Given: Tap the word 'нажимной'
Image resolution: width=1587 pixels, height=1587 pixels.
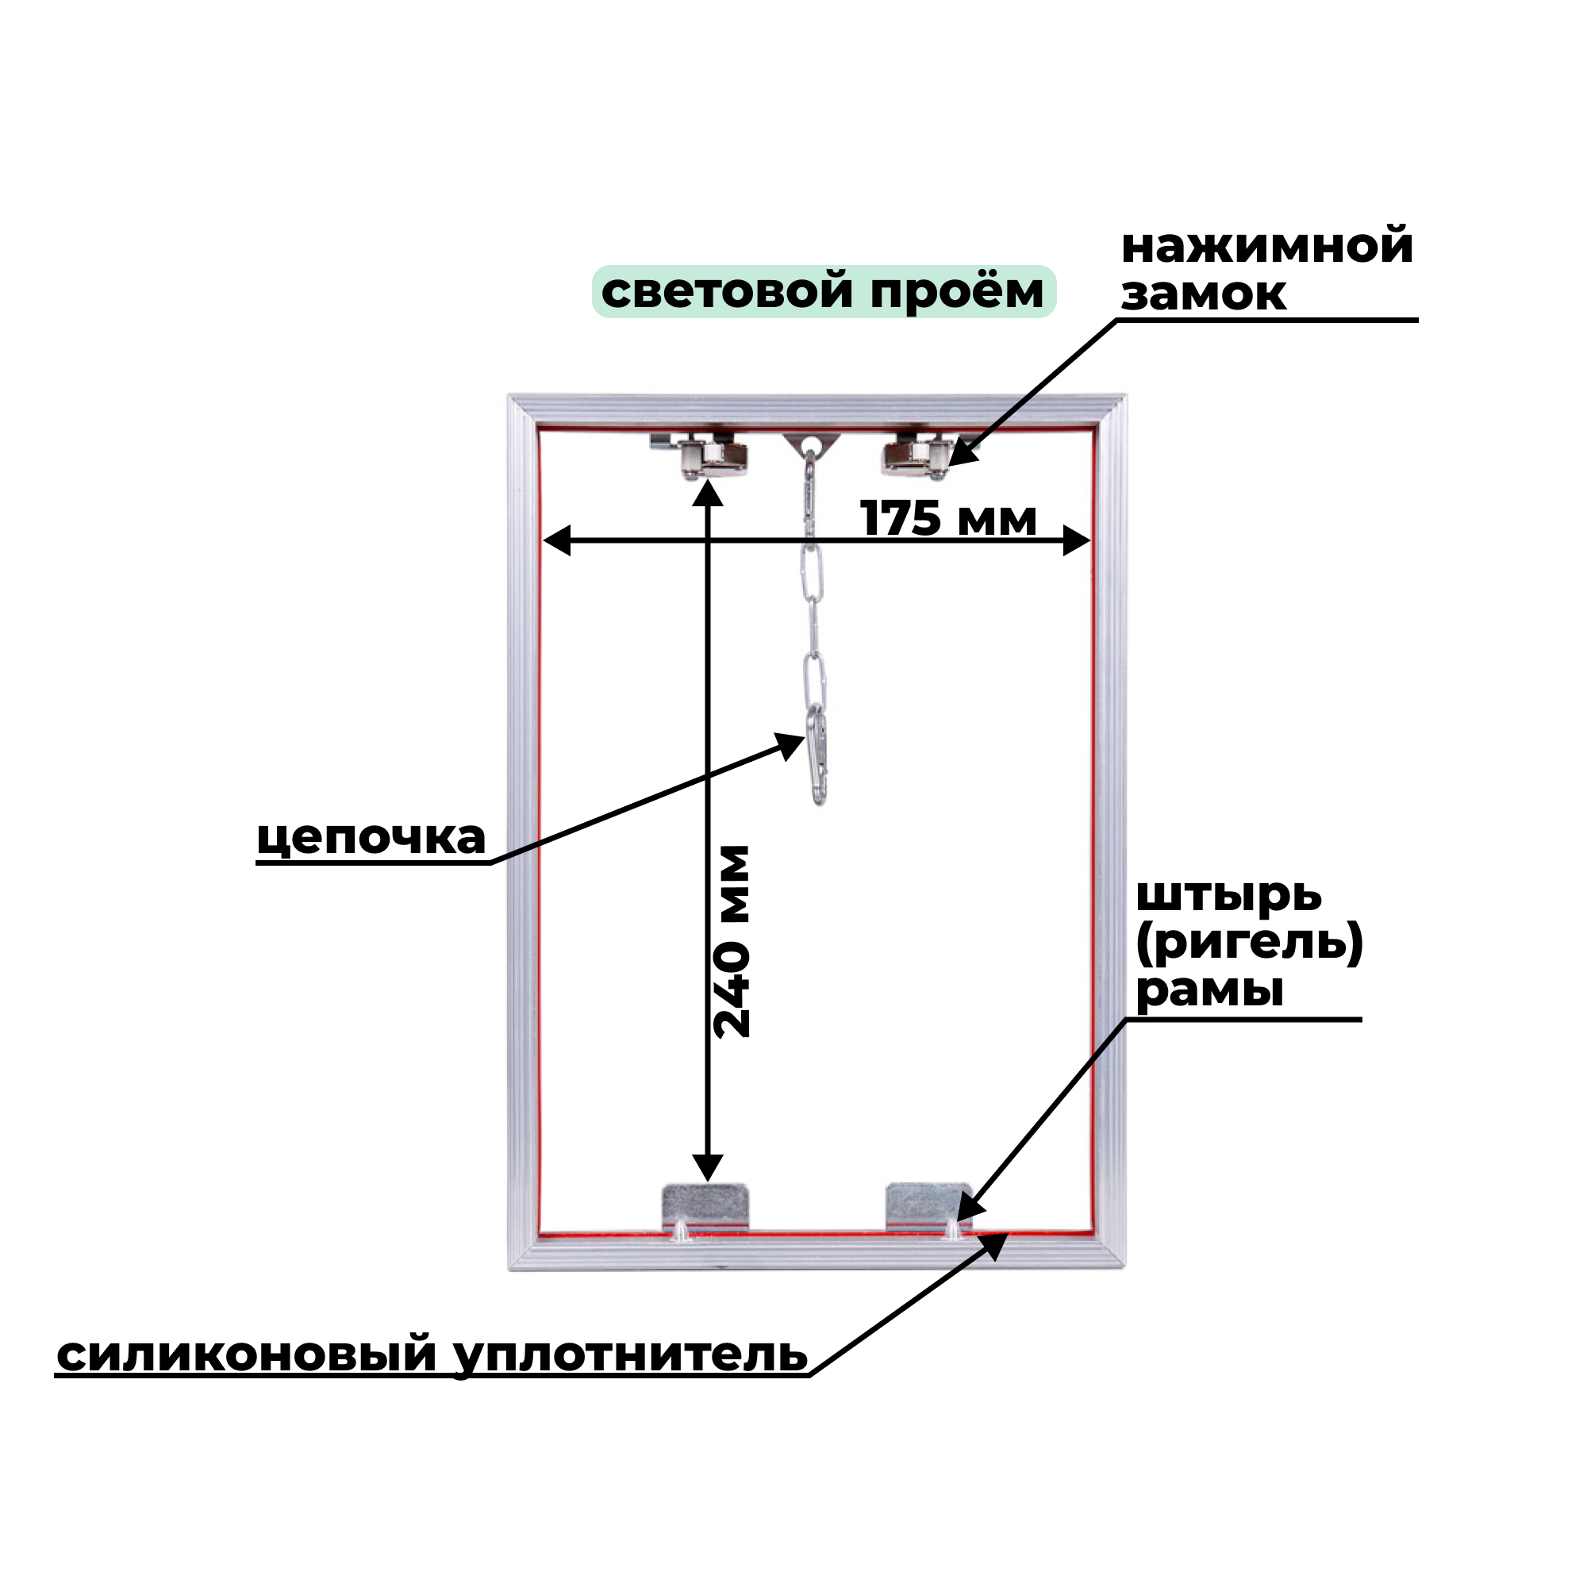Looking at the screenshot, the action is pyautogui.click(x=1266, y=247).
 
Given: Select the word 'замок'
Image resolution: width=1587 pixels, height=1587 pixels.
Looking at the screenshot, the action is pyautogui.click(x=1204, y=294).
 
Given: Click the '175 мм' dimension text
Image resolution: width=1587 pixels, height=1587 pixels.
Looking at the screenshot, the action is pyautogui.click(x=948, y=519).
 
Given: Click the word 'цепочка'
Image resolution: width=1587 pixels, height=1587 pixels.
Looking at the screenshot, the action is pyautogui.click(x=371, y=839).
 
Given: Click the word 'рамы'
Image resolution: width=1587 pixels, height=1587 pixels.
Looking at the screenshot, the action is pyautogui.click(x=1209, y=989).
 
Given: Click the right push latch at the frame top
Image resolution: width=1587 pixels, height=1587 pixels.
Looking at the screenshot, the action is pyautogui.click(x=915, y=456).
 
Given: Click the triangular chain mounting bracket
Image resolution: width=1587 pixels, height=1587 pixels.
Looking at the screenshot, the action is pyautogui.click(x=812, y=444).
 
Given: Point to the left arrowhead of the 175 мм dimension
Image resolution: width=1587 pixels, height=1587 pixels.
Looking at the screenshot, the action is pyautogui.click(x=557, y=540).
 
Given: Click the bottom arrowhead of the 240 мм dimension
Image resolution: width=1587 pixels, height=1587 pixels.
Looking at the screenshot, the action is pyautogui.click(x=707, y=1167).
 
